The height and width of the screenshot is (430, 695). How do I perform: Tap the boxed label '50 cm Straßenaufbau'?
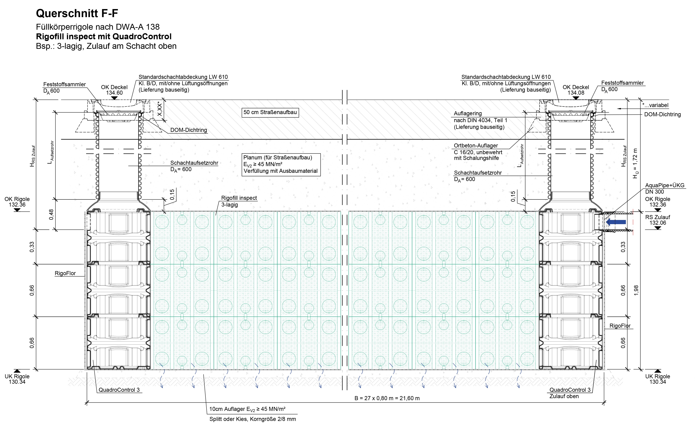[270, 112]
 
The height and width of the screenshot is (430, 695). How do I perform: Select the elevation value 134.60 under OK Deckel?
[114, 93]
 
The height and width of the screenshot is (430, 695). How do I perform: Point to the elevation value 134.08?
[576, 93]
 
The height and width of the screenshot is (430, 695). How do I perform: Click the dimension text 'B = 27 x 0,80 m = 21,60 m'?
[387, 398]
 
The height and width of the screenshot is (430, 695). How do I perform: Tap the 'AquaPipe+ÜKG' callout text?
[665, 185]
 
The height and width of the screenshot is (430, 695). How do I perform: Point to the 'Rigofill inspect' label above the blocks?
[239, 198]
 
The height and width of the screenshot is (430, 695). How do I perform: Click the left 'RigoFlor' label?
[65, 273]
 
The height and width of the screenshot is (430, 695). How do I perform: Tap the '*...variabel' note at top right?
[655, 105]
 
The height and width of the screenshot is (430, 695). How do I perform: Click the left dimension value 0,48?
[51, 214]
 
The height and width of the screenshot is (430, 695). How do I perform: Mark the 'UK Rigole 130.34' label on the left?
[17, 379]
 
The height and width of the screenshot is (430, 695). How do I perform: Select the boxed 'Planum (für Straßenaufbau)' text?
[278, 158]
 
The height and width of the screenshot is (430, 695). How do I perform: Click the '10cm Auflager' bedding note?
[247, 409]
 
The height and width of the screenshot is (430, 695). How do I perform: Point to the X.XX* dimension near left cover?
[160, 110]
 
